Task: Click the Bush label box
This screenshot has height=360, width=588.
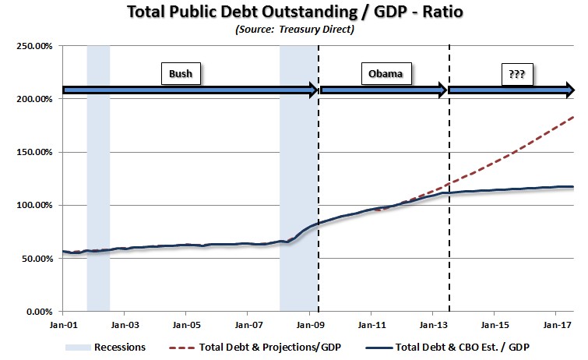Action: click(x=180, y=74)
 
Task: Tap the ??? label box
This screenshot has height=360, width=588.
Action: click(x=515, y=74)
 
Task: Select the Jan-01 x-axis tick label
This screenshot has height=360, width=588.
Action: click(x=62, y=324)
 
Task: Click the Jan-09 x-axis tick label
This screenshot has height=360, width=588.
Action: click(x=310, y=324)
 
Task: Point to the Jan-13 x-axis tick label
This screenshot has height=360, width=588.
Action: click(x=433, y=324)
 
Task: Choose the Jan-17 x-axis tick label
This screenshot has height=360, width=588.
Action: click(x=556, y=324)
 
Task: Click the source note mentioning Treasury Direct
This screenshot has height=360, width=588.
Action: click(x=294, y=30)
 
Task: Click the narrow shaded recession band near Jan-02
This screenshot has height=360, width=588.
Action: click(x=98, y=179)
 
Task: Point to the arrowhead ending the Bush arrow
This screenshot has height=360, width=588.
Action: click(x=313, y=90)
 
